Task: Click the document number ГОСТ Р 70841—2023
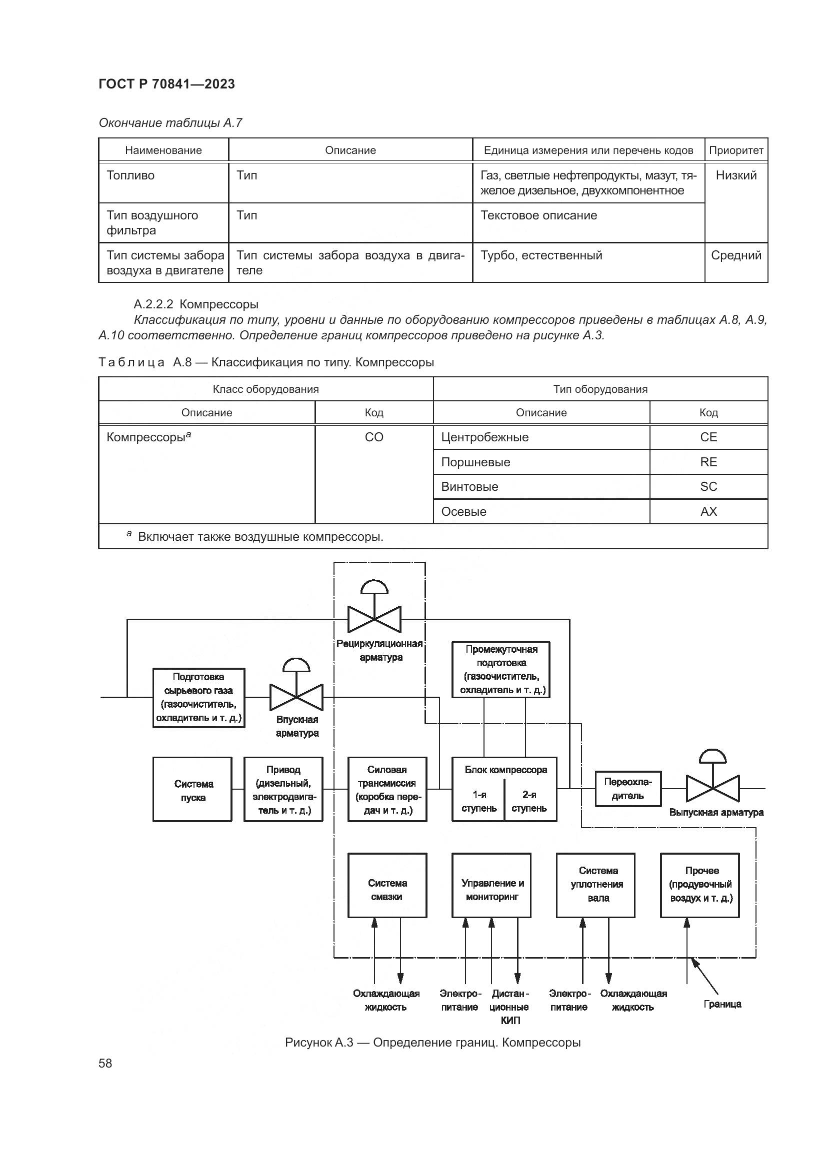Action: (x=166, y=84)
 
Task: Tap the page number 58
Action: (x=105, y=1063)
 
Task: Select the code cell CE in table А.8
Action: (x=708, y=437)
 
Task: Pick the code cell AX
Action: (x=708, y=512)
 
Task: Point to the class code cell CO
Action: (x=374, y=437)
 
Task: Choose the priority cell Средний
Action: (x=736, y=255)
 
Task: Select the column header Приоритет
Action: (x=736, y=150)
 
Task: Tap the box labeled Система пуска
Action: (x=192, y=790)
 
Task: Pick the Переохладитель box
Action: (x=628, y=789)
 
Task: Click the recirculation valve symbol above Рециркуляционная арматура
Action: (x=374, y=619)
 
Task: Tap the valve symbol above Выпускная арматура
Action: (x=712, y=788)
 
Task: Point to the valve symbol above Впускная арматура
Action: (x=296, y=697)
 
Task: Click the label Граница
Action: (x=722, y=1004)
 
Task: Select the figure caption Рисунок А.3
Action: (x=432, y=1042)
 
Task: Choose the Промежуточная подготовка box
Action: (x=501, y=670)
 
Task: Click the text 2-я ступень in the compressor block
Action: (x=529, y=801)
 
